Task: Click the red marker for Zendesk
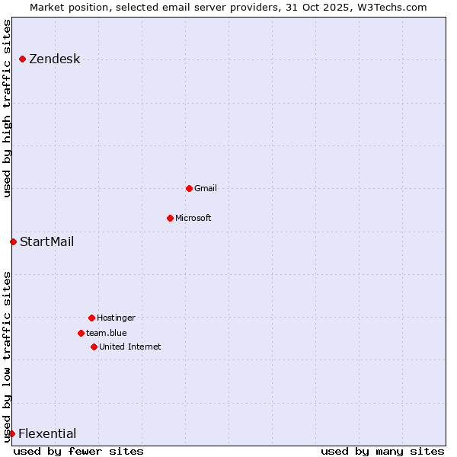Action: (x=23, y=59)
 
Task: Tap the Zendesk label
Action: (x=54, y=59)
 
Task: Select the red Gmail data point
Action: (x=189, y=188)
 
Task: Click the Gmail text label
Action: (x=206, y=188)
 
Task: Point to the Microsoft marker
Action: (x=170, y=218)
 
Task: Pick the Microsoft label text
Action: (x=193, y=218)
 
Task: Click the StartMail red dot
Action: (x=13, y=241)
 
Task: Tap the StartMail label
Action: (x=46, y=242)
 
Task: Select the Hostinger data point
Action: (x=91, y=318)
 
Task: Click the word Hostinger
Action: (x=116, y=318)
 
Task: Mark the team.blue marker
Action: (x=81, y=333)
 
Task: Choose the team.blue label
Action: (x=106, y=333)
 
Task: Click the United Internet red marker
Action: (x=94, y=347)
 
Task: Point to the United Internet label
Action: (x=129, y=347)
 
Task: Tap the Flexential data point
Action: (x=11, y=433)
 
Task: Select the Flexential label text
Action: (x=46, y=434)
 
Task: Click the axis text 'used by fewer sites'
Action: (x=78, y=451)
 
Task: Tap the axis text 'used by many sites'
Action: (x=382, y=451)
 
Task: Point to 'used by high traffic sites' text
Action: (x=8, y=108)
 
